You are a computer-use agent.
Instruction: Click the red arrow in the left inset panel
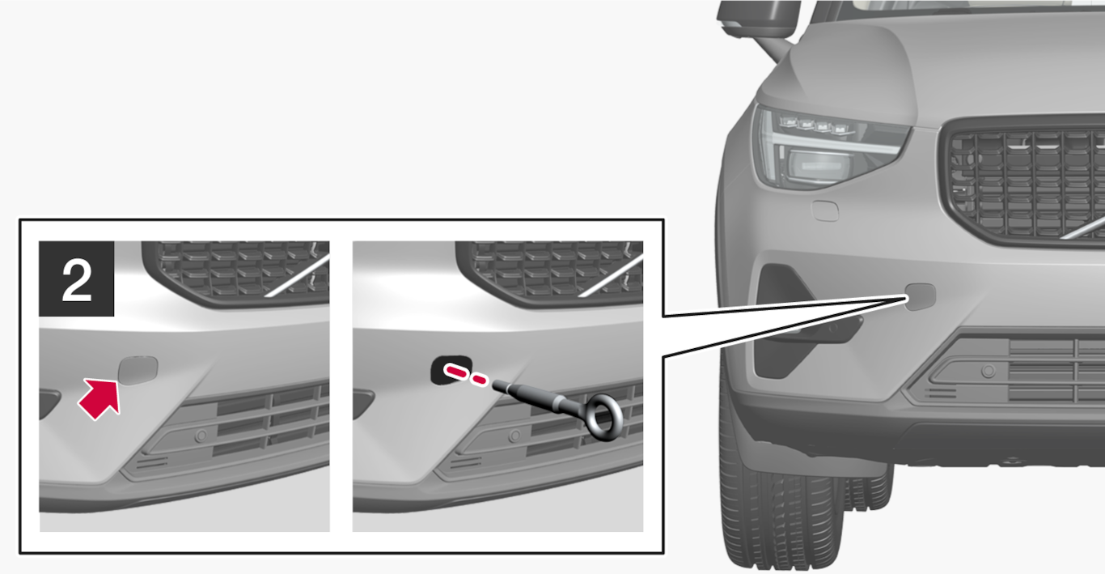point(100,398)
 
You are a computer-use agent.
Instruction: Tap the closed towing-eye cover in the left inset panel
point(138,370)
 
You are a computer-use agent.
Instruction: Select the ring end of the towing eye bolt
point(602,418)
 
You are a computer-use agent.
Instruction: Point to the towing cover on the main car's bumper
point(921,296)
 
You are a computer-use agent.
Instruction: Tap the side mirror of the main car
point(757,19)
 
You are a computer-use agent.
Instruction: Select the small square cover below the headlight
point(825,210)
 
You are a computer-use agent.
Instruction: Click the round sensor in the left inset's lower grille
point(201,436)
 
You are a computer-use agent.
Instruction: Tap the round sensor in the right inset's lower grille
point(514,436)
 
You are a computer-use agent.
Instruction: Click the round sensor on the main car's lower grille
point(988,371)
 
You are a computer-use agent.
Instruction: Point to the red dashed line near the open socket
point(466,375)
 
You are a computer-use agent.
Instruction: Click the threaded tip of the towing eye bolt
point(499,386)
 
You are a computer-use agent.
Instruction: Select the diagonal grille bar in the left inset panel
point(297,276)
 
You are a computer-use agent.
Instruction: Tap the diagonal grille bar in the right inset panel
point(610,276)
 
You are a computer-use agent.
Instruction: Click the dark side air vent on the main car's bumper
point(780,321)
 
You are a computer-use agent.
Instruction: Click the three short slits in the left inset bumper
point(152,462)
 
